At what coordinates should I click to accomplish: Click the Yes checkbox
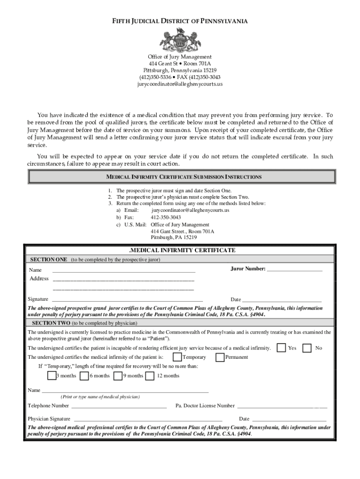(x=281, y=348)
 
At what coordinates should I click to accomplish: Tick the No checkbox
(x=307, y=348)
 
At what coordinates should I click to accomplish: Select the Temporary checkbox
(x=178, y=357)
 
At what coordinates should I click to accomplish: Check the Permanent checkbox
(x=220, y=357)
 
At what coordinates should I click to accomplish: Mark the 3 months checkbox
(x=52, y=376)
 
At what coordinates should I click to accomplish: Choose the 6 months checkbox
(x=84, y=376)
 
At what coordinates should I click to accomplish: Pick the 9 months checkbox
(x=118, y=376)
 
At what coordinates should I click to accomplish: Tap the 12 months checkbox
(x=150, y=376)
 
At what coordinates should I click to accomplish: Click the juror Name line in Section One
(x=124, y=271)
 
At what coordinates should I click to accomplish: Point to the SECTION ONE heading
(x=49, y=259)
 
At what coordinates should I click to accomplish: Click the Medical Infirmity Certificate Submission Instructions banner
(x=182, y=177)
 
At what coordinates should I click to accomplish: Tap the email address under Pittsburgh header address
(x=180, y=84)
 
